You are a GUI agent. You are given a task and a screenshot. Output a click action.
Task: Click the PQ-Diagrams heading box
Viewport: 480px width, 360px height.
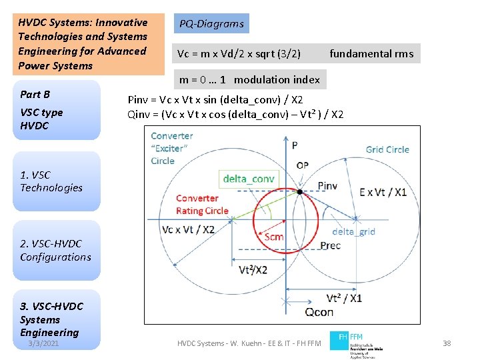pos(211,24)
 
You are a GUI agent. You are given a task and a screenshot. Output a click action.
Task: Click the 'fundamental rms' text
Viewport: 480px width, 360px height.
pos(371,54)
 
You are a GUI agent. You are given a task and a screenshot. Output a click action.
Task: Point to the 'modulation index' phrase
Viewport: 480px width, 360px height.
pos(277,79)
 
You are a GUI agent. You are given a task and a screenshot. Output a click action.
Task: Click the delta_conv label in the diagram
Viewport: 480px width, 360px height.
pos(249,179)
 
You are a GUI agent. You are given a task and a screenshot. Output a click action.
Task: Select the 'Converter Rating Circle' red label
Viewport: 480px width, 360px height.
pos(202,205)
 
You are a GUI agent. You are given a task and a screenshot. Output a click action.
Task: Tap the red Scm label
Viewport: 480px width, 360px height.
pos(274,237)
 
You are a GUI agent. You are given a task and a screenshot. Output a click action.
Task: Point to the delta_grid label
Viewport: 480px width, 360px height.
pos(353,231)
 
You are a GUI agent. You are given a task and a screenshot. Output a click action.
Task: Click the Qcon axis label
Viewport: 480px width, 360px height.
pos(319,312)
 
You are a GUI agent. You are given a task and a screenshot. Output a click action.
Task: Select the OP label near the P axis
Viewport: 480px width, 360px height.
pos(302,165)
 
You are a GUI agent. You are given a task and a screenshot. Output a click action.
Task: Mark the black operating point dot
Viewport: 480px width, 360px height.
pos(300,192)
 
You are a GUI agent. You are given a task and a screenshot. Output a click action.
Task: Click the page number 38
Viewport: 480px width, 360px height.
pos(447,343)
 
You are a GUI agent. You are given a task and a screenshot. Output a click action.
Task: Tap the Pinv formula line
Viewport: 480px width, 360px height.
pos(215,100)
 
